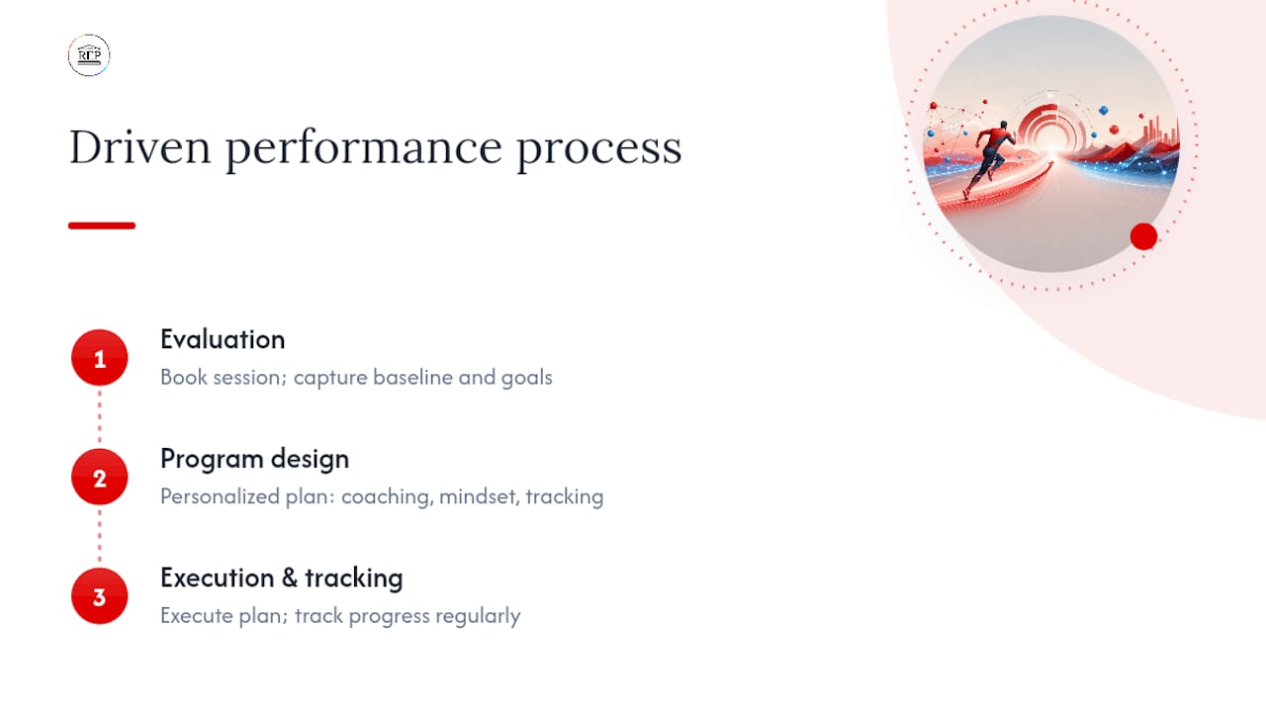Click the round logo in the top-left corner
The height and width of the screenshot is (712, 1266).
click(x=89, y=54)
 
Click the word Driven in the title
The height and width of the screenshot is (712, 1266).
click(x=139, y=147)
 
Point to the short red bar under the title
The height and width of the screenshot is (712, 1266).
click(x=102, y=225)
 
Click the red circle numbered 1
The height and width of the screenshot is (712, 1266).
click(x=100, y=358)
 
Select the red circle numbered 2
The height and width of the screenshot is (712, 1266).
click(x=100, y=477)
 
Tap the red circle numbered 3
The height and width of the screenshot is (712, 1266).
click(x=100, y=596)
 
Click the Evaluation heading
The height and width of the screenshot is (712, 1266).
click(x=223, y=339)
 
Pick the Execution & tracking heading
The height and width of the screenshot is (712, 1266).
click(x=282, y=578)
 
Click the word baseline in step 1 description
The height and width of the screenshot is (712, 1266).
click(x=413, y=378)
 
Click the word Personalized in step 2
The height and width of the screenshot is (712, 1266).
click(x=220, y=496)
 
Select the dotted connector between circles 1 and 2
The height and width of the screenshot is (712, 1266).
click(x=100, y=417)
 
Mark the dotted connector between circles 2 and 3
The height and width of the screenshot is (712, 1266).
click(x=100, y=536)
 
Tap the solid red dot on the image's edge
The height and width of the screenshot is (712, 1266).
click(x=1143, y=236)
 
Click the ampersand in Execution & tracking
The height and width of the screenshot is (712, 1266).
click(x=290, y=578)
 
